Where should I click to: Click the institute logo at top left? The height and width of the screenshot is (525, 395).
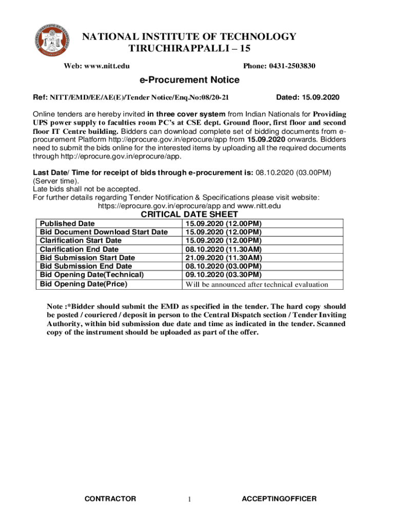coord(52,41)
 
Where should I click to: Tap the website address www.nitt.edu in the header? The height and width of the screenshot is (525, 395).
coord(107,66)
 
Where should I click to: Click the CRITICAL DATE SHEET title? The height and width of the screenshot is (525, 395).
coord(189,214)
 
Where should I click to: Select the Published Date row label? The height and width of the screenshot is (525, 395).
coord(67,224)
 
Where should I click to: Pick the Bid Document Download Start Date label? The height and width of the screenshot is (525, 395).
coord(104,232)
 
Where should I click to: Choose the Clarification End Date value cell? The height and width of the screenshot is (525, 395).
coord(224,249)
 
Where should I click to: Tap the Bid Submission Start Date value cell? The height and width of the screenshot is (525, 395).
coord(224,258)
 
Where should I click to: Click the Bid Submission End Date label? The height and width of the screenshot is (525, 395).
coord(86,267)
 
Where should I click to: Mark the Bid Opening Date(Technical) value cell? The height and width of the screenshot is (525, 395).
coord(224,275)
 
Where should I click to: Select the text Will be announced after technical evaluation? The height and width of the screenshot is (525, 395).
coord(256,285)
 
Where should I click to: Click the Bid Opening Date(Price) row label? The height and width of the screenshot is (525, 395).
coord(84,284)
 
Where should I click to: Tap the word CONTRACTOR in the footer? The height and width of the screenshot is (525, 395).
coord(110,499)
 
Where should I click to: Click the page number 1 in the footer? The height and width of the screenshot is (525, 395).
coord(189,500)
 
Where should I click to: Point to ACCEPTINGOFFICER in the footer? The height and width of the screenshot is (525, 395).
coord(279,499)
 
